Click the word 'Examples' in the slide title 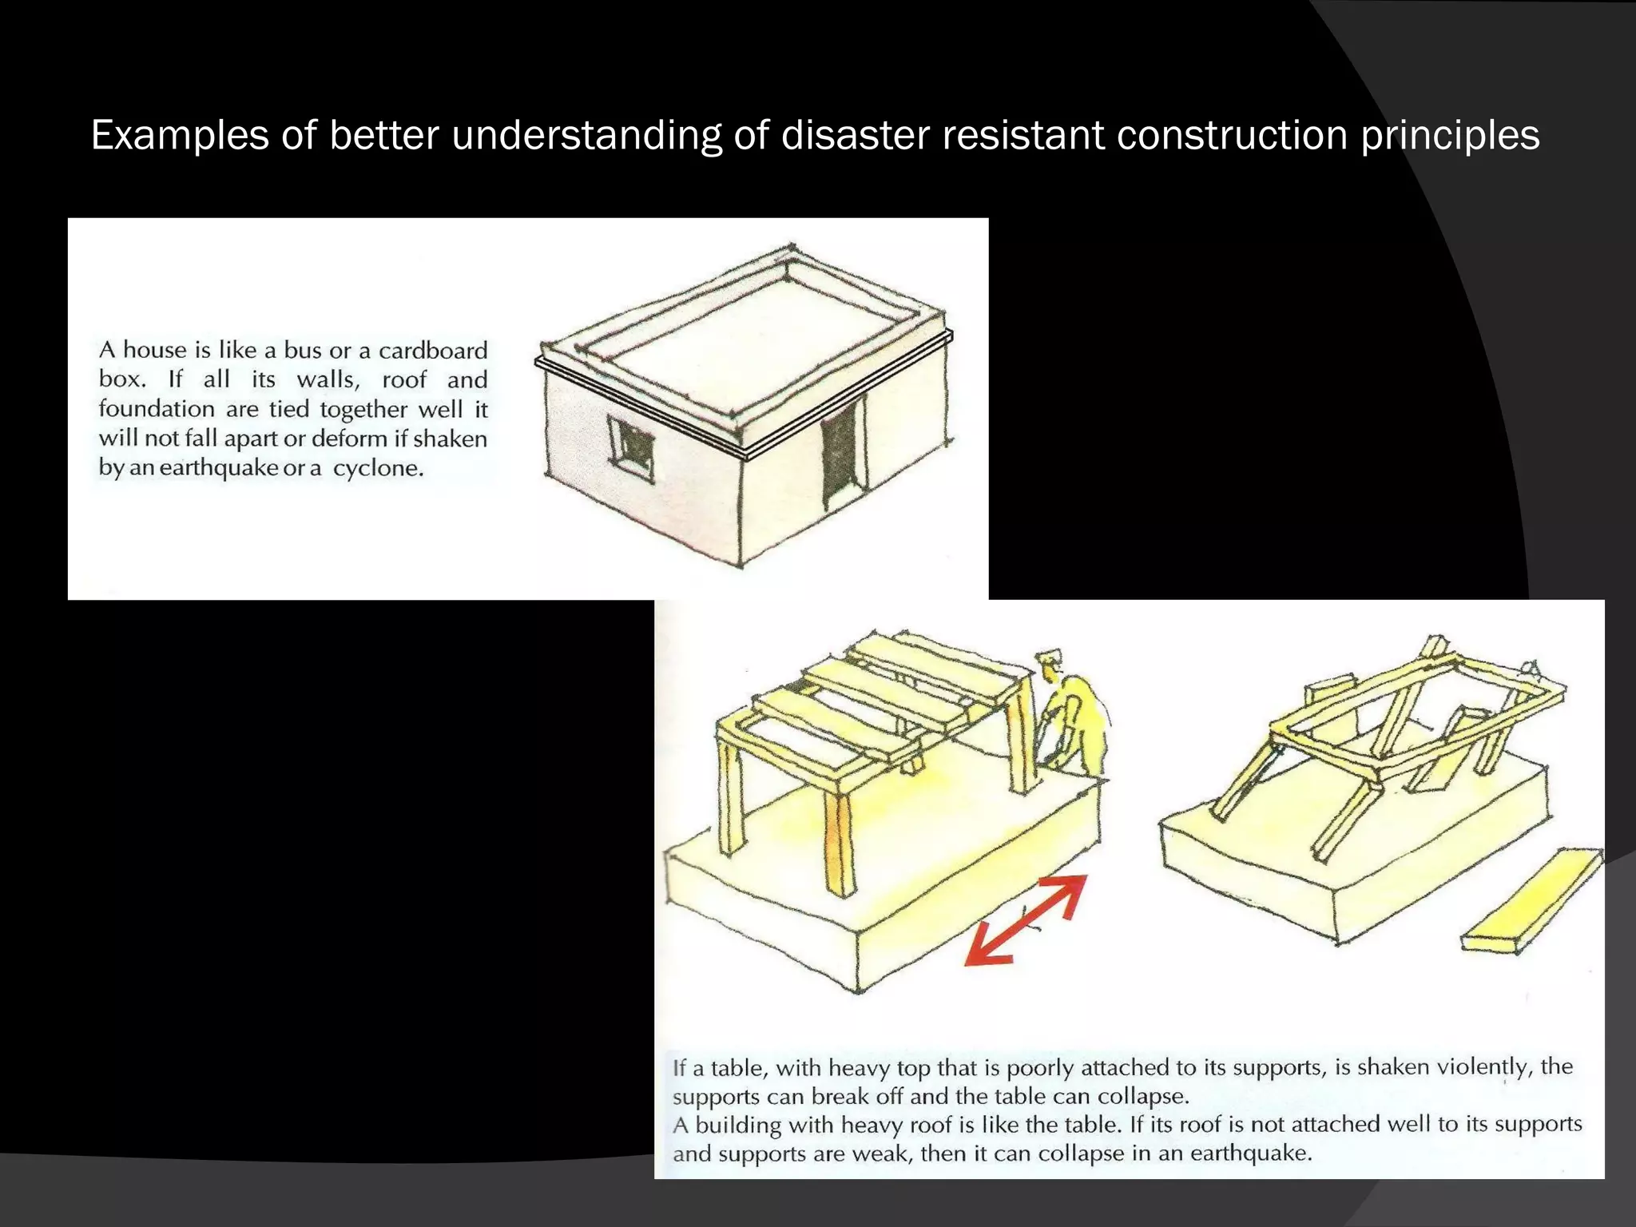(x=180, y=136)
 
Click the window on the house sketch (x=631, y=447)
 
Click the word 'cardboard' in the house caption (x=432, y=351)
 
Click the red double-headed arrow (x=1026, y=920)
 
